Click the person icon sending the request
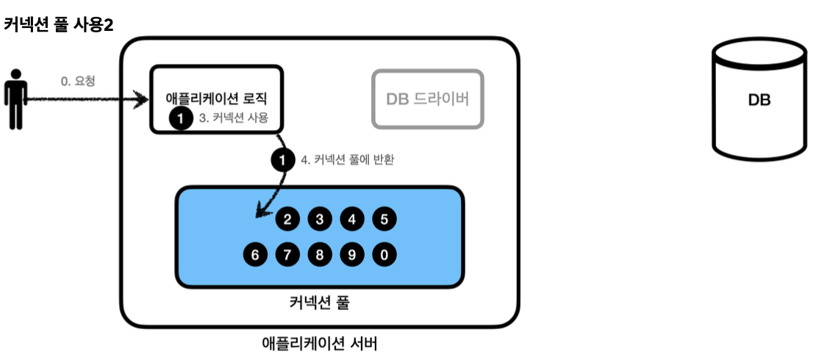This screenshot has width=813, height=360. point(15,99)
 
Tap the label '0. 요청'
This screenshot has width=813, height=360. point(79,82)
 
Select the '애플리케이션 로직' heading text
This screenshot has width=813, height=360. point(218,98)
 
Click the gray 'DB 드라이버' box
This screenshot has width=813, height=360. point(428,99)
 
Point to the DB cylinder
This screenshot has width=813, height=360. point(759,99)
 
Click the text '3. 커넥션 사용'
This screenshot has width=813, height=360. point(234,118)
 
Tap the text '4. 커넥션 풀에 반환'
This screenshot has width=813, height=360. point(348,161)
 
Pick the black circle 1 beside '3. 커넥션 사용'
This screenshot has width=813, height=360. point(180,118)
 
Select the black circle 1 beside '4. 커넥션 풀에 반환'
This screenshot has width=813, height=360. point(282,161)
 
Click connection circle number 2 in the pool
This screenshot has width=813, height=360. point(287,220)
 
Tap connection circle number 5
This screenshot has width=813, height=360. point(384,220)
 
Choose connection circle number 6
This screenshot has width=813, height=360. point(255,255)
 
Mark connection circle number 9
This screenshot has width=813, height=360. point(352,255)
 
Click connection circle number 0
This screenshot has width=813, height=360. point(384,255)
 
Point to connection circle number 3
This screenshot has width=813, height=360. point(320,220)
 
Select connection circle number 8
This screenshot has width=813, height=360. point(320,255)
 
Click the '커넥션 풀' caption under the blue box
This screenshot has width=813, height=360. point(319,302)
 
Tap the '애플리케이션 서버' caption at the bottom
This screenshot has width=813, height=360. point(320,343)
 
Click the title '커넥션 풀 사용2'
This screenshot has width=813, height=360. point(58,26)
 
